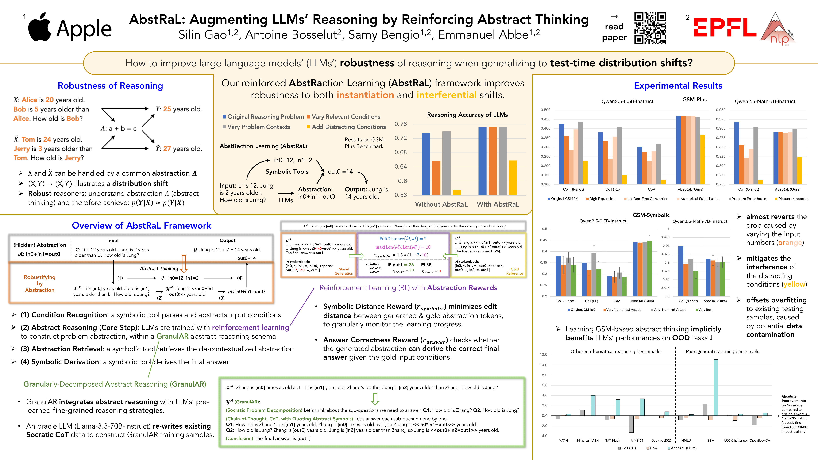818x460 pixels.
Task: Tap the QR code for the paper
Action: [x=650, y=28]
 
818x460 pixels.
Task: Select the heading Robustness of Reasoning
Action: [x=110, y=86]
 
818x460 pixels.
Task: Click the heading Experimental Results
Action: [x=678, y=86]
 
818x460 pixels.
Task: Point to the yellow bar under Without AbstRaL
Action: [x=457, y=193]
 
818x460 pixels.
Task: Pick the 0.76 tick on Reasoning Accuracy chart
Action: [x=400, y=124]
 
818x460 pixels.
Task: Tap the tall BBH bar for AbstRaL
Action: [x=716, y=387]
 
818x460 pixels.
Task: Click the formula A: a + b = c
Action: [x=118, y=129]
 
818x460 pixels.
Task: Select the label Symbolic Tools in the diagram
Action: [x=287, y=171]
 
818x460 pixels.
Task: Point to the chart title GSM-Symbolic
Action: [x=651, y=215]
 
